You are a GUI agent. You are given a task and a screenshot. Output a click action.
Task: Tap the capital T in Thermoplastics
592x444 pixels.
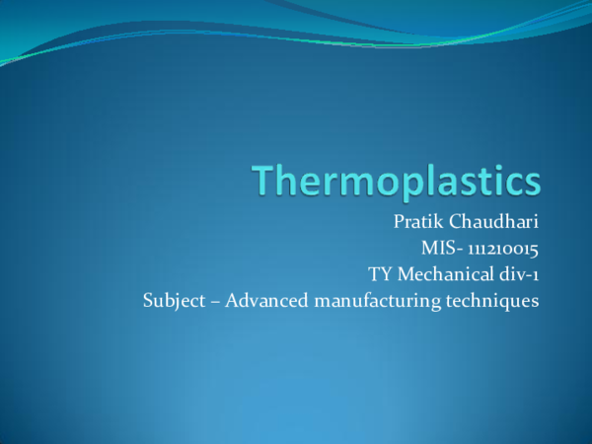coord(263,183)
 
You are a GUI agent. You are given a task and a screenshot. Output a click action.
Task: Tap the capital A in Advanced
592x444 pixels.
coord(232,300)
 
